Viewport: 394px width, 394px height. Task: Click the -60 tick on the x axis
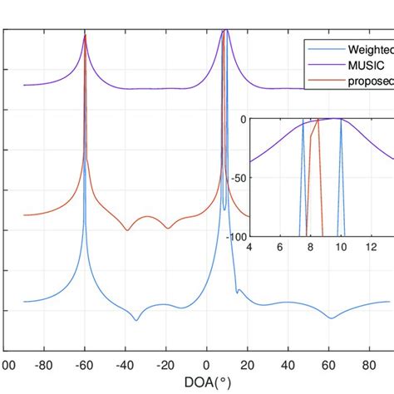[84, 363]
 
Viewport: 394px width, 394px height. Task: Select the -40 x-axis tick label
[125, 363]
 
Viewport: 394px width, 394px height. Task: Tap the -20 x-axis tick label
[165, 363]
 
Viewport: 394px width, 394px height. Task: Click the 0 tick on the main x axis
[207, 363]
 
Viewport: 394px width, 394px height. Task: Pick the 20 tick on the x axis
[247, 363]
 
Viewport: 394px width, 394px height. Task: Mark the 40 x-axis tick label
[288, 363]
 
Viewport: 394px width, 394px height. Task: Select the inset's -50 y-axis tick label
[238, 178]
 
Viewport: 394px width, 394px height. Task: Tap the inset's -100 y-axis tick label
[235, 237]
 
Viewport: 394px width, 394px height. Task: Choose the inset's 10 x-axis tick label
[340, 248]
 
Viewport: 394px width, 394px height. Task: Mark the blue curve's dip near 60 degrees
[331, 318]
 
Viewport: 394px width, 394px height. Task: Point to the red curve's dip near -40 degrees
[126, 230]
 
